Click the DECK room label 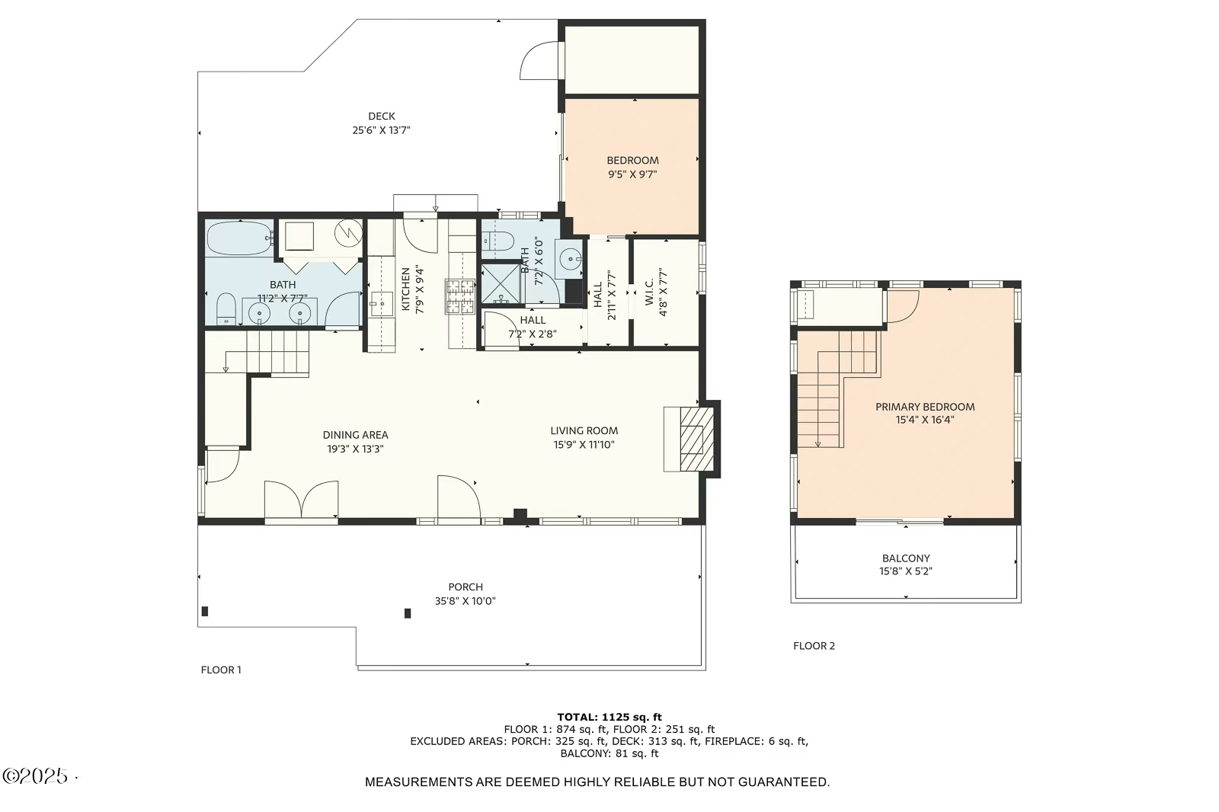click(x=382, y=116)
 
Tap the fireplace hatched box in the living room click(x=696, y=440)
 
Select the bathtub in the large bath click(x=240, y=238)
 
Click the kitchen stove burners click(x=460, y=296)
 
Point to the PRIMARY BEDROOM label click(x=925, y=407)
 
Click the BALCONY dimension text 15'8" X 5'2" click(x=906, y=571)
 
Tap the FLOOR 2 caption click(x=814, y=646)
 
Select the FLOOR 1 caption click(x=221, y=670)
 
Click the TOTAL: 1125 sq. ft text click(x=609, y=718)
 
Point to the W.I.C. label click(x=649, y=293)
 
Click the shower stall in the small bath click(x=501, y=283)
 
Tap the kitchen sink click(x=382, y=304)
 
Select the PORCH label click(x=466, y=587)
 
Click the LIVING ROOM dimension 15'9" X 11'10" click(x=584, y=445)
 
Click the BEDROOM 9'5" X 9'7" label click(x=632, y=167)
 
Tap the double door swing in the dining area click(x=301, y=499)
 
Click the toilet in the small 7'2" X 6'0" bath click(x=498, y=241)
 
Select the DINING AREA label click(x=355, y=435)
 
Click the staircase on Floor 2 click(x=838, y=390)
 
